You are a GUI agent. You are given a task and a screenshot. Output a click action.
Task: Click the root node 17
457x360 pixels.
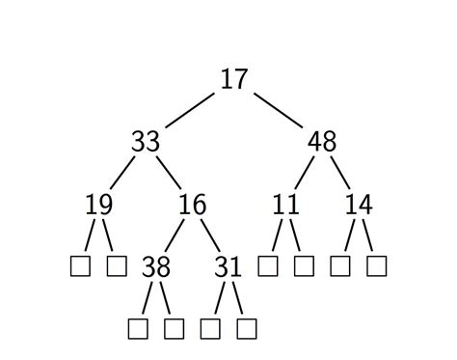click(x=233, y=79)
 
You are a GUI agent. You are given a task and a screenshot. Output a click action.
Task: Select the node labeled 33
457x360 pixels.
click(x=145, y=142)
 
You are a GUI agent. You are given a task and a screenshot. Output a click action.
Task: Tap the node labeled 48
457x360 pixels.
click(x=322, y=142)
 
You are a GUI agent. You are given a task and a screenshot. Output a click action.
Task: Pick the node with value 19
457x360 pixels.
click(x=98, y=205)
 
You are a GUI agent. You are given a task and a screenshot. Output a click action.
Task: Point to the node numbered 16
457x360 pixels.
click(x=192, y=205)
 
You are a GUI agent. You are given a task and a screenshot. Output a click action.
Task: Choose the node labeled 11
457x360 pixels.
click(x=285, y=205)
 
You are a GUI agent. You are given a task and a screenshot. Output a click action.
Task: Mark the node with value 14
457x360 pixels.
click(x=359, y=205)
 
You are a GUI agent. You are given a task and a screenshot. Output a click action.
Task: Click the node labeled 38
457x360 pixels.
click(x=156, y=266)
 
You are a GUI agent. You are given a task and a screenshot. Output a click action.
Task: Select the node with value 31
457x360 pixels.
click(x=228, y=266)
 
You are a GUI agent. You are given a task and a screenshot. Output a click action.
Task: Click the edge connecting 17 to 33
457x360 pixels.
click(x=189, y=111)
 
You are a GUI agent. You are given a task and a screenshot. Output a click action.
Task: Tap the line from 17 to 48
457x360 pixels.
click(x=278, y=111)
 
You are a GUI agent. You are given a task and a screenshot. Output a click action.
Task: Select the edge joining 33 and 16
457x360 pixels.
click(x=169, y=174)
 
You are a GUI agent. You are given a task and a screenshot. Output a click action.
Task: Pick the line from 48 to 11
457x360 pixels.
click(x=304, y=174)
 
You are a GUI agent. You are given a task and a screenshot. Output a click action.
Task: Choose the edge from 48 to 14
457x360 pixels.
click(x=340, y=174)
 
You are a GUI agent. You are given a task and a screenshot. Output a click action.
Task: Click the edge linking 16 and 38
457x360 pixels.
click(x=174, y=235)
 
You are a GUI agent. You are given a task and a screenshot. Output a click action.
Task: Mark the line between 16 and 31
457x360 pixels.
click(x=210, y=235)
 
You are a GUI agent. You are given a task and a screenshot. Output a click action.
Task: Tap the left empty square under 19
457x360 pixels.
click(x=80, y=265)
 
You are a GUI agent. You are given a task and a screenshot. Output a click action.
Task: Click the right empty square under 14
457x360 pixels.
click(x=377, y=265)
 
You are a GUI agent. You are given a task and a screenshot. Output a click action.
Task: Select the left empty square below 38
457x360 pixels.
click(x=138, y=328)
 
